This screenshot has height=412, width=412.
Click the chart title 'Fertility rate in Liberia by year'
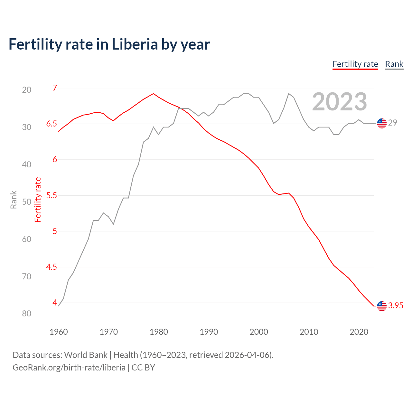click(109, 44)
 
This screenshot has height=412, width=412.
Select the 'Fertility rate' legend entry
click(355, 64)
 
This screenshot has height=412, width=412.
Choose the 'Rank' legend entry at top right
click(394, 64)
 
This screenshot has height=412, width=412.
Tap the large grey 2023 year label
click(339, 102)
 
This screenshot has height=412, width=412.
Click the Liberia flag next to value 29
click(382, 123)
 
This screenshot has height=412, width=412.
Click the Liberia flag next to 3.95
click(382, 306)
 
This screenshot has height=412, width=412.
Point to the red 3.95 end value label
click(396, 306)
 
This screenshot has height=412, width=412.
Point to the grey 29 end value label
click(392, 123)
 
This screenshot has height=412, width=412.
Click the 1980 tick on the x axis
click(159, 332)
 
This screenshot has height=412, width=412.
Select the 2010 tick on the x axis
click(309, 332)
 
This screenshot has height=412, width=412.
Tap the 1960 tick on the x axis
click(59, 332)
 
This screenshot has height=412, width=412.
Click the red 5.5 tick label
click(51, 195)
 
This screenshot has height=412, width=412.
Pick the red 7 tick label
click(55, 88)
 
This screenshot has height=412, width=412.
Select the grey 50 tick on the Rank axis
click(27, 202)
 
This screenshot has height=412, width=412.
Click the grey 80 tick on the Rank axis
click(27, 314)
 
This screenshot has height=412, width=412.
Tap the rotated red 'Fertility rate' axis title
click(38, 200)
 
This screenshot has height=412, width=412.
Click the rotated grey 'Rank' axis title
click(14, 200)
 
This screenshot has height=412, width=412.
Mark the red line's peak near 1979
click(154, 94)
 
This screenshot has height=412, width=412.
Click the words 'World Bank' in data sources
click(86, 355)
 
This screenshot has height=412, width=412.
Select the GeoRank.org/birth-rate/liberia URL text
click(69, 368)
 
